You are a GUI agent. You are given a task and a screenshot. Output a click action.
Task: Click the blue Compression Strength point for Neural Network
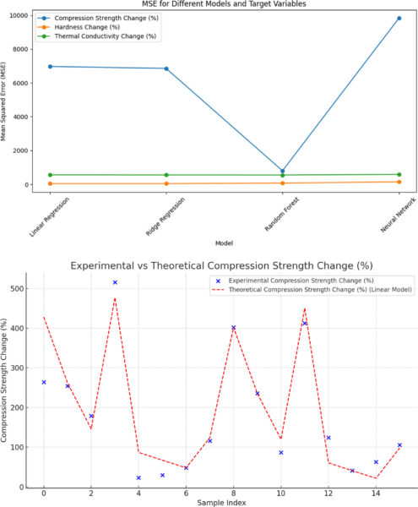(x=399, y=18)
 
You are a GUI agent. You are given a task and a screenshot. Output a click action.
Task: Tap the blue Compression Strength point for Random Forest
(x=283, y=171)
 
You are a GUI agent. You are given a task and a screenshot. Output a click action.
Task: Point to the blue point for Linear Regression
(x=51, y=67)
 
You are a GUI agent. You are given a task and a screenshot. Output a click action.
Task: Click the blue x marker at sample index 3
(x=115, y=282)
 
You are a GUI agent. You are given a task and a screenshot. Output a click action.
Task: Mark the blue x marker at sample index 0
(x=44, y=382)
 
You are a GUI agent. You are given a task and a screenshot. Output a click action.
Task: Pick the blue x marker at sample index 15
(x=399, y=445)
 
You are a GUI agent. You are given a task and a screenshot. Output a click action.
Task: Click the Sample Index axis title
(x=221, y=502)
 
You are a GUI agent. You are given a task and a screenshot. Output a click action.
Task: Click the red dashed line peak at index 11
(x=305, y=308)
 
